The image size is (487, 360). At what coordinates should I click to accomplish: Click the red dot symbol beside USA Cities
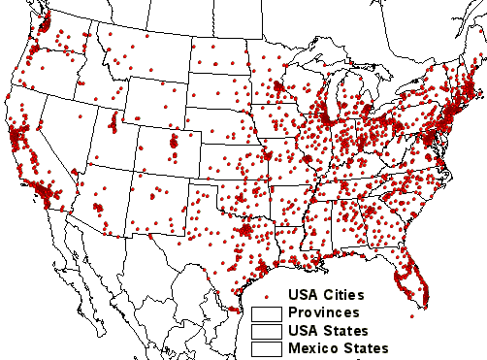267,295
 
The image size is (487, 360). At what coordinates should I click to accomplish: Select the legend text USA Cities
325,294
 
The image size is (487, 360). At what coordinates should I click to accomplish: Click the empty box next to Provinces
267,313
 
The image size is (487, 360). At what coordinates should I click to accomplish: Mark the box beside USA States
267,331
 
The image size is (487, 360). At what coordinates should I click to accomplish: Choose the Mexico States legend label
337,347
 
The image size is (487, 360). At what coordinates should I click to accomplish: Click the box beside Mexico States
267,348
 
